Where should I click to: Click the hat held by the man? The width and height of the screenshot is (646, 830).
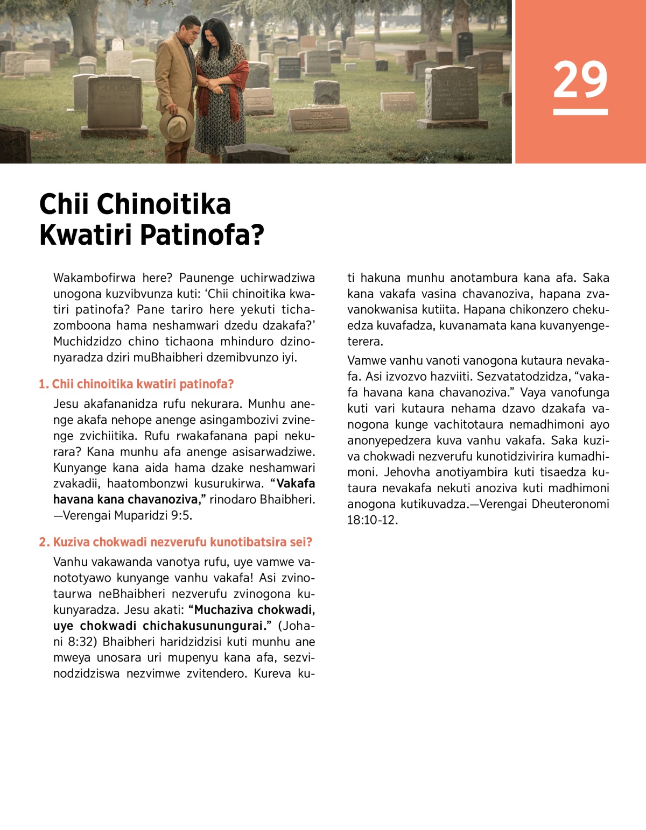177,124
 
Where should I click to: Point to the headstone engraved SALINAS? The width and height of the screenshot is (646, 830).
451,94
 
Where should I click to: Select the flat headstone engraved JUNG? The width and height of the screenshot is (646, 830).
320,119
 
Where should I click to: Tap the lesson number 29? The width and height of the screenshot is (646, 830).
580,80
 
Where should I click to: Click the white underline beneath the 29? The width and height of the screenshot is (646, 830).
580,112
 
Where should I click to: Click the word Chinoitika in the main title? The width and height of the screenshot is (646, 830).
164,204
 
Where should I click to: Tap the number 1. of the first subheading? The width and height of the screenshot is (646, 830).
44,384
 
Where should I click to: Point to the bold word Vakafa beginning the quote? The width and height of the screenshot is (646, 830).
296,483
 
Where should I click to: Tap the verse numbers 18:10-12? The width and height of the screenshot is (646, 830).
372,520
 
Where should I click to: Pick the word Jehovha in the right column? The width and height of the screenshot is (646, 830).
407,472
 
